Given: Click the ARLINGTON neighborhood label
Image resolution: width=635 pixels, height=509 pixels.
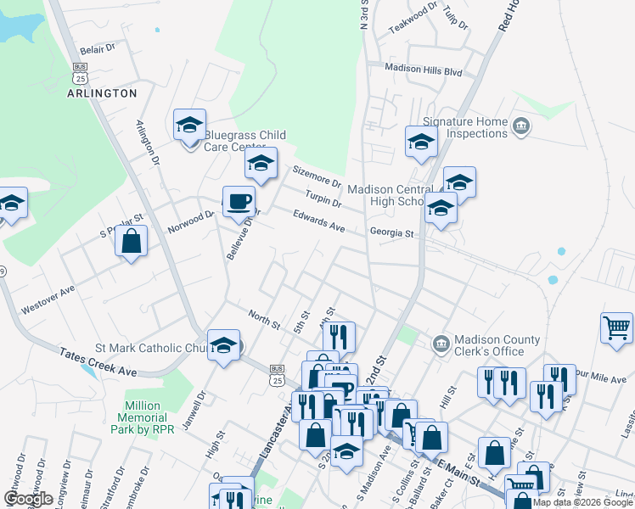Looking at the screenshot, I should pos(102,93).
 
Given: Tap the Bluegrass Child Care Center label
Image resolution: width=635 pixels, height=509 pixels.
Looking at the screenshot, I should pos(244,141).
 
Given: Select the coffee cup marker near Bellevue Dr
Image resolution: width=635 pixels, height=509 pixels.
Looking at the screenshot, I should pos(239,202).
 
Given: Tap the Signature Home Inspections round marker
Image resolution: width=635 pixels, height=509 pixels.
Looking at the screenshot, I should pos(521,127).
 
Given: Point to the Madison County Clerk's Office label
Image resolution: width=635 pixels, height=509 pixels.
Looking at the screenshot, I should pos(497,345).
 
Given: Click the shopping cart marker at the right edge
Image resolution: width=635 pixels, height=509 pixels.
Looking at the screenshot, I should pos(616,328).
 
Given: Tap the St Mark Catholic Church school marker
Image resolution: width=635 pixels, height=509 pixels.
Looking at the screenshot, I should pos(224,345).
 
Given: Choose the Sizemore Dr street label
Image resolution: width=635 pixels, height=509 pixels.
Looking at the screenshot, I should pos(317,177).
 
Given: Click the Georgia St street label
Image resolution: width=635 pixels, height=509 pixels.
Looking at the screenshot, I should pos(391,232).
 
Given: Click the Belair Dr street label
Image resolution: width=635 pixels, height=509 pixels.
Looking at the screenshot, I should pos(97,50).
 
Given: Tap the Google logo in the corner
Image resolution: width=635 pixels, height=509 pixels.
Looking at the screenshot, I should pos(28,499).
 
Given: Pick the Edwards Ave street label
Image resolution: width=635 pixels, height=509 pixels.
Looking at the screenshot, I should pos(319,222).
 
